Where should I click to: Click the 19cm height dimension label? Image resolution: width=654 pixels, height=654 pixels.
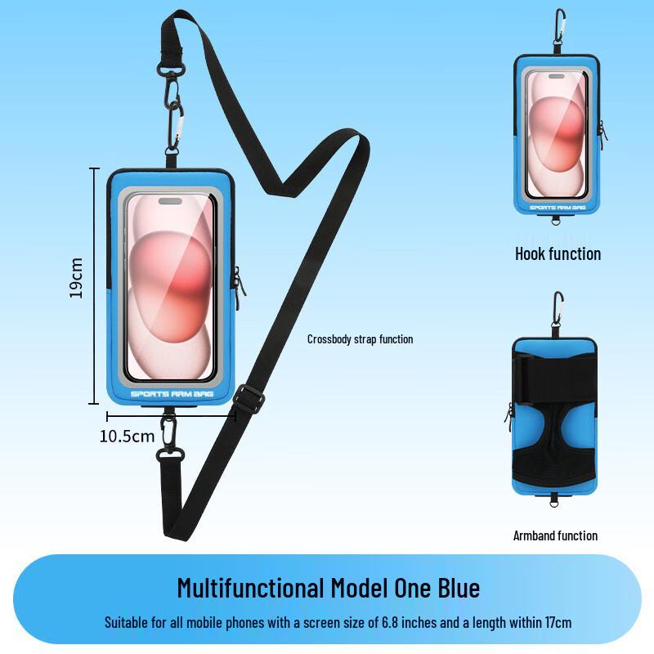point(76,278)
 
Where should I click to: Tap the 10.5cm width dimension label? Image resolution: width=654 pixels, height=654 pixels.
point(127,437)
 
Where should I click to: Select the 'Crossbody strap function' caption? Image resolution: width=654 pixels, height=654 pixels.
point(360,339)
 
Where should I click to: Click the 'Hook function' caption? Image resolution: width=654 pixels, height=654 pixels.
point(558,253)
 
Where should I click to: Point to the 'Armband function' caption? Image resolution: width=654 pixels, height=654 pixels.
point(555,535)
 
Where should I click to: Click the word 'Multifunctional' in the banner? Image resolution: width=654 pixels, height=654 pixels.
point(251,588)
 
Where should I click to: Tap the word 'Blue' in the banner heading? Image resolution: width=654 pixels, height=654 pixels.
point(459,588)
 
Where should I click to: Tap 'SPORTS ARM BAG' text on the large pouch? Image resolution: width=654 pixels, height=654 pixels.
point(172,394)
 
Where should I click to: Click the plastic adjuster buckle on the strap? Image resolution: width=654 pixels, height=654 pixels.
point(249,400)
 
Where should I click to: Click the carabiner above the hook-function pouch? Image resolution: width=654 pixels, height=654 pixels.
point(559,26)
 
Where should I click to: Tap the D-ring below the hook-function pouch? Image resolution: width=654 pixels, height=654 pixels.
point(555,221)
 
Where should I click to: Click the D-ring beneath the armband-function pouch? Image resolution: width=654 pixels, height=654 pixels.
point(554,503)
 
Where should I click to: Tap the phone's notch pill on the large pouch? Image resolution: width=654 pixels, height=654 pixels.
point(170,201)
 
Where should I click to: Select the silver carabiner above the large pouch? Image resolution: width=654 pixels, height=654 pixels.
point(175,125)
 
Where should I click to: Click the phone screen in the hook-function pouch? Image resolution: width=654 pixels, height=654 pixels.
point(557,134)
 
